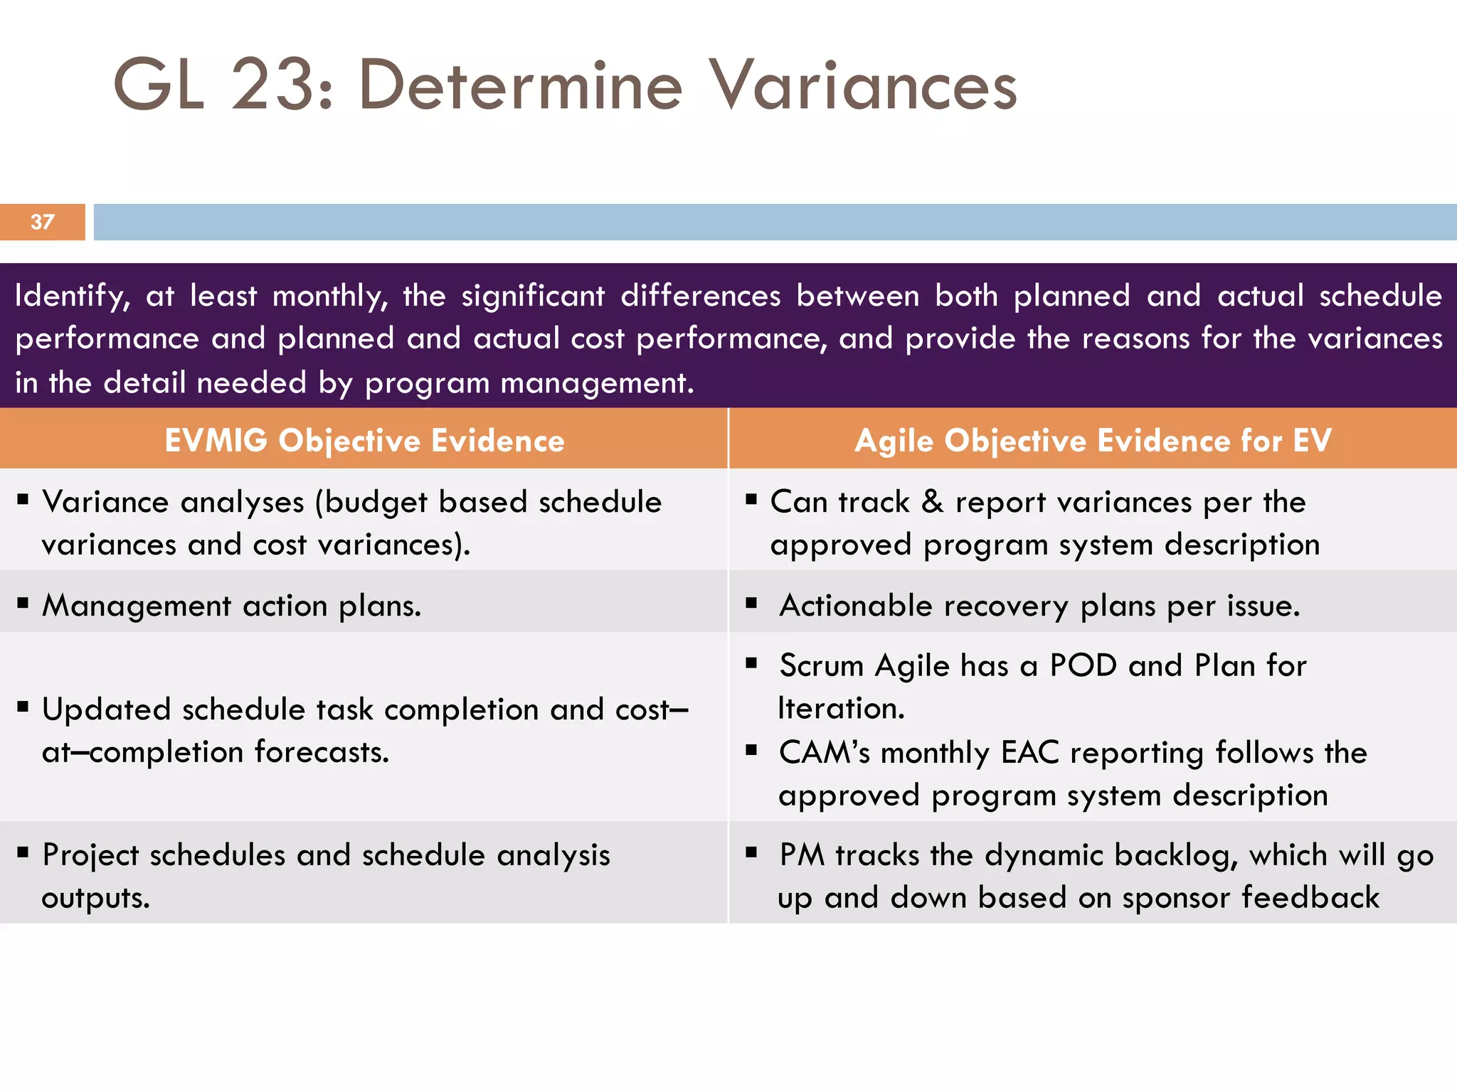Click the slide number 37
tap(42, 222)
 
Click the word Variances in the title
tap(864, 85)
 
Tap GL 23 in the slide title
tap(213, 85)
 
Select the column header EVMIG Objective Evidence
tap(364, 440)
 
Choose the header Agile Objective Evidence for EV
tap(1093, 440)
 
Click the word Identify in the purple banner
tap(71, 296)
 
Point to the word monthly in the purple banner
tap(330, 296)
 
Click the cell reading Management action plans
tap(231, 606)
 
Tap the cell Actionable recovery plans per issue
tap(1039, 606)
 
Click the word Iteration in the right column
tap(840, 708)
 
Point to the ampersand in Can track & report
tap(932, 502)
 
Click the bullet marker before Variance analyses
tap(23, 500)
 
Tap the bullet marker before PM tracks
tap(751, 852)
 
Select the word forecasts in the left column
tap(322, 752)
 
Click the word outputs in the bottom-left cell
tap(95, 898)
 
